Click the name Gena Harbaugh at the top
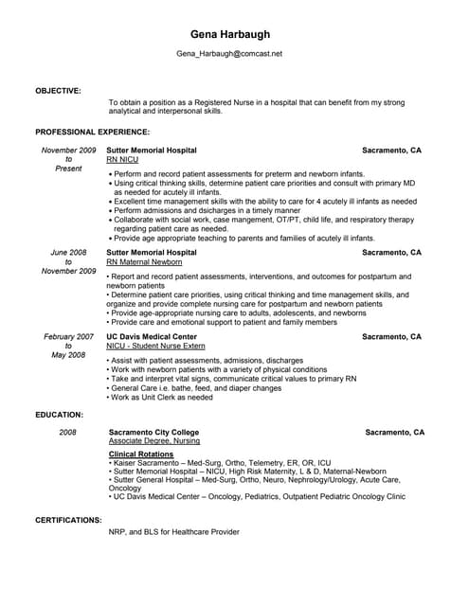(x=229, y=34)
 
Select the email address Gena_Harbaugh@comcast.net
(x=229, y=54)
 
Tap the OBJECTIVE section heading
(x=58, y=90)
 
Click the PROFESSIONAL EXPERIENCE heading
(x=92, y=132)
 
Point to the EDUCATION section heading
(x=60, y=415)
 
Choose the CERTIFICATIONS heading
(x=68, y=520)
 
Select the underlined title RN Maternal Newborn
(x=144, y=262)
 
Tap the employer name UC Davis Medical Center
(x=152, y=336)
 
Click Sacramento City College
(x=154, y=432)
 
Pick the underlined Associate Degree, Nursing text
(x=154, y=441)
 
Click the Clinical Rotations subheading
(x=142, y=454)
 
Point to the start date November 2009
(x=69, y=151)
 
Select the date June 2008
(x=69, y=253)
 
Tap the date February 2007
(x=69, y=336)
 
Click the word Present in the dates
(x=69, y=169)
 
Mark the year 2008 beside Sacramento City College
(x=68, y=432)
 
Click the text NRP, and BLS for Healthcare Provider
(x=174, y=532)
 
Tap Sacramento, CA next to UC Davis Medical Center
(x=391, y=336)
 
